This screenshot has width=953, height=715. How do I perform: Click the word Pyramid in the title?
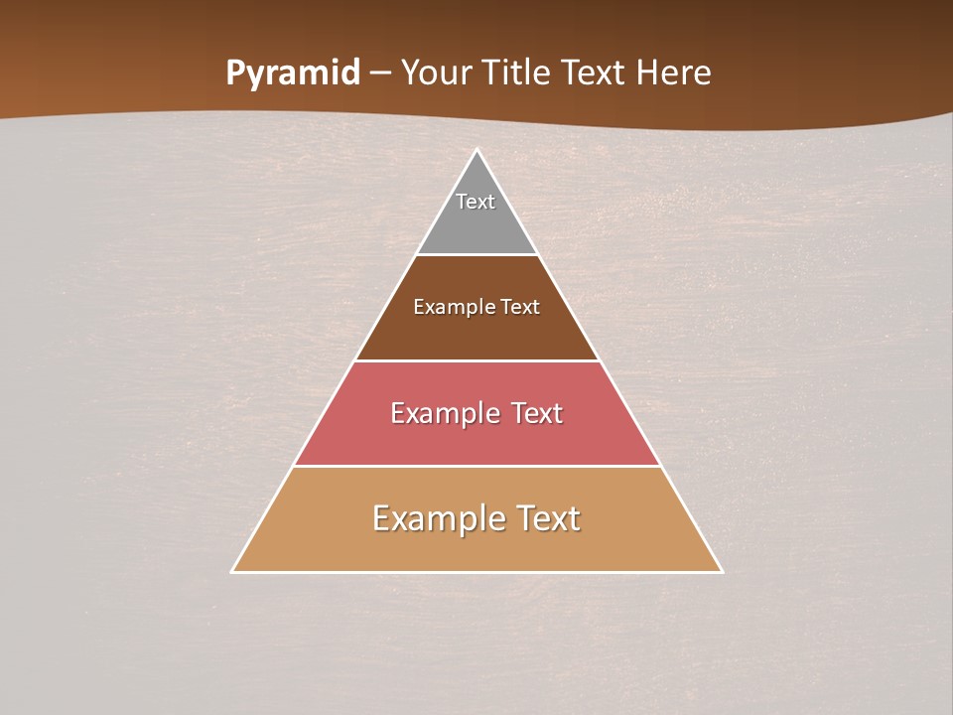pyautogui.click(x=293, y=73)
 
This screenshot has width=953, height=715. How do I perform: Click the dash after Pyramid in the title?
pyautogui.click(x=380, y=74)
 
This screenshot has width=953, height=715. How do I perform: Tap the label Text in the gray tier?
pyautogui.click(x=476, y=202)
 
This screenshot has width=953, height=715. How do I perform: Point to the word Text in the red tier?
pyautogui.click(x=538, y=413)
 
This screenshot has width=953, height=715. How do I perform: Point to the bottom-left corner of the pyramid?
pyautogui.click(x=232, y=571)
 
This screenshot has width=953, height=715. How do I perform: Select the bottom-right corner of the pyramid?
pyautogui.click(x=722, y=571)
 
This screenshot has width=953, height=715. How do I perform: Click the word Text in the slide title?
pyautogui.click(x=595, y=73)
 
